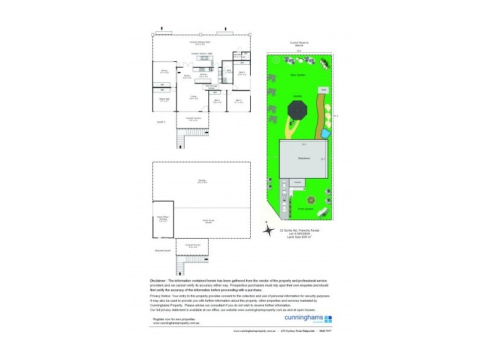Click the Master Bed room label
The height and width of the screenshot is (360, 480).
click(164, 99)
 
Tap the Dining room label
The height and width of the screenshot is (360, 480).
click(164, 71)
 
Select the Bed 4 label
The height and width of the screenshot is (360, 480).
click(242, 73)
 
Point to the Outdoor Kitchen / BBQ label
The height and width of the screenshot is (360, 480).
click(202, 53)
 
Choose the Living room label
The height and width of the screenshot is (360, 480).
click(194, 97)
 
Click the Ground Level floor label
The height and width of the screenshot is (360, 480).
click(163, 250)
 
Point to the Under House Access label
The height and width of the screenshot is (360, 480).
click(208, 221)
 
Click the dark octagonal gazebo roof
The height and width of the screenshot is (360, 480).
click(298, 109)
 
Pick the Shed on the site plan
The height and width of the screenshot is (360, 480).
click(322, 90)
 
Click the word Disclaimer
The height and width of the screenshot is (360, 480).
click(161, 280)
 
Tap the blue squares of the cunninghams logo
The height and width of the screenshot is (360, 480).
click(328, 320)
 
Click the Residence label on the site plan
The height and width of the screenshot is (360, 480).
click(304, 158)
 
